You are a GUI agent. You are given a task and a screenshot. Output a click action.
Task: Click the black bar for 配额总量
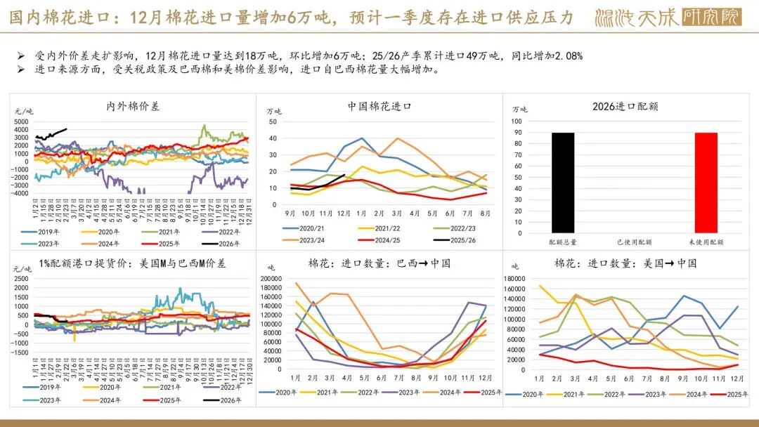point(563,183)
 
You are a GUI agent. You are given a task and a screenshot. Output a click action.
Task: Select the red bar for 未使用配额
point(706,183)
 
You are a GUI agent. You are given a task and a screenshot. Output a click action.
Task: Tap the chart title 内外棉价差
point(133,106)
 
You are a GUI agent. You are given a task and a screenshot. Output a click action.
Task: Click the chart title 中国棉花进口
point(379,106)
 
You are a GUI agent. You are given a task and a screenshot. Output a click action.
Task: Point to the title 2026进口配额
point(625,107)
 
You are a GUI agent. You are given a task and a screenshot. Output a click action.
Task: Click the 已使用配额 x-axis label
point(635,242)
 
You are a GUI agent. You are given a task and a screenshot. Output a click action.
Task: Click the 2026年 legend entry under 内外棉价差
point(223,243)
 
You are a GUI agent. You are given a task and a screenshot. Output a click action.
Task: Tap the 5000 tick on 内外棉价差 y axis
point(21,121)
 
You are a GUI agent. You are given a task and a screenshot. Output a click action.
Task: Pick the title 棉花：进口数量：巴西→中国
point(379,263)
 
